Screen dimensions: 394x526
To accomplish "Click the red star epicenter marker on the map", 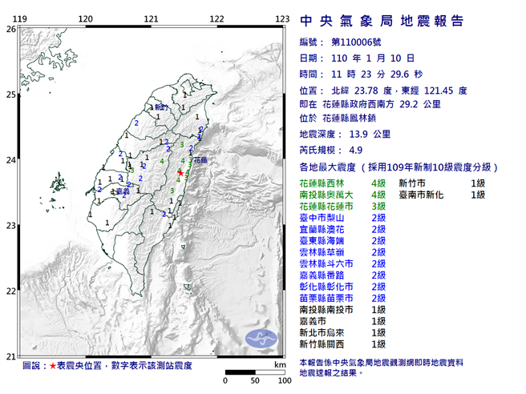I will (x=180, y=172).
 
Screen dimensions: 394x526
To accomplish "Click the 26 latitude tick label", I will (x=10, y=29).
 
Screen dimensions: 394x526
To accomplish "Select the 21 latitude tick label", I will (x=10, y=356).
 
